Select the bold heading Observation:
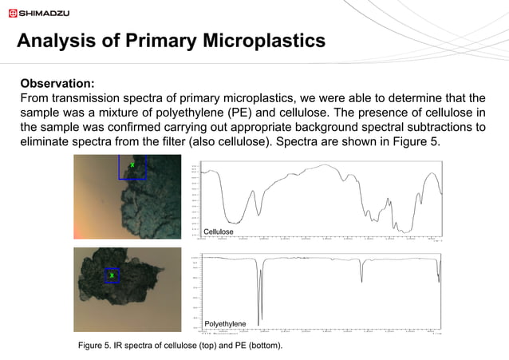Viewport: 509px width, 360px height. pyautogui.click(x=57, y=83)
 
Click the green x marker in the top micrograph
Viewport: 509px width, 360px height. pyautogui.click(x=132, y=164)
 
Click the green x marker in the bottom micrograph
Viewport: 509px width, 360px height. pyautogui.click(x=112, y=275)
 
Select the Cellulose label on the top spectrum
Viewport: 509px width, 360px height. pyautogui.click(x=219, y=231)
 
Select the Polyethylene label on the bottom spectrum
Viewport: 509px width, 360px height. pyautogui.click(x=226, y=322)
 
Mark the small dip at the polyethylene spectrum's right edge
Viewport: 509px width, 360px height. pyautogui.click(x=438, y=275)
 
